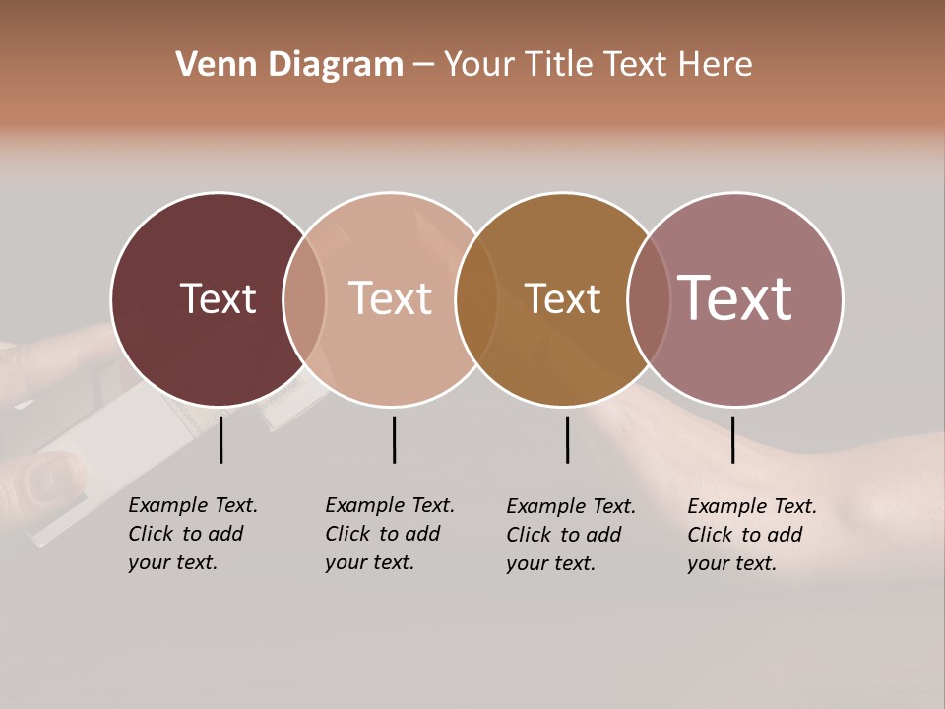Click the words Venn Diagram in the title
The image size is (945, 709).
(289, 65)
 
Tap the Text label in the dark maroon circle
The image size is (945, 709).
(218, 298)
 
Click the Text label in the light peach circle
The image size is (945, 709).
(391, 298)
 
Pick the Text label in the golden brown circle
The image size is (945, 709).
(562, 298)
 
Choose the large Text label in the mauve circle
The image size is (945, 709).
(735, 298)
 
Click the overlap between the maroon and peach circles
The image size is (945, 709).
(304, 299)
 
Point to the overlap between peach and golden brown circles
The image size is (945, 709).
(476, 299)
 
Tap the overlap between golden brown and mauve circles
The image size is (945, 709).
(648, 299)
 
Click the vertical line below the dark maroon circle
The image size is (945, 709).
(221, 439)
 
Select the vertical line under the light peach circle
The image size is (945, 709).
(394, 439)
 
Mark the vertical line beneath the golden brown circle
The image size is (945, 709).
(567, 439)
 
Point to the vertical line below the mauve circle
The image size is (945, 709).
(732, 439)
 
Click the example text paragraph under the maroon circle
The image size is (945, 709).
(193, 534)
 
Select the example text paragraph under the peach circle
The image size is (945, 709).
(390, 534)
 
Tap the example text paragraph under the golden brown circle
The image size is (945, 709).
(571, 535)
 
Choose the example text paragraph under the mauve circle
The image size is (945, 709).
(752, 535)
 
